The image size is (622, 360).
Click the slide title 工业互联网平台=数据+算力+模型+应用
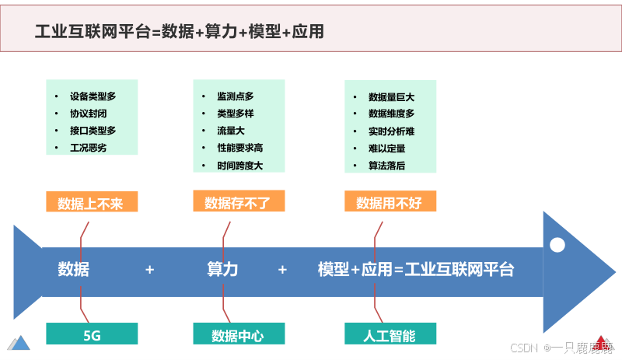180,32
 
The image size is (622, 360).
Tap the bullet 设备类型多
93,97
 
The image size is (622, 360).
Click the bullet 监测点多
235,97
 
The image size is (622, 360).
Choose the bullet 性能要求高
239,148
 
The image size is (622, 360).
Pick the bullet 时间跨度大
239,166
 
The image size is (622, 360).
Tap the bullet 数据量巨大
391,97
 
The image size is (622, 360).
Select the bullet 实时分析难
391,131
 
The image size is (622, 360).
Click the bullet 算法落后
386,166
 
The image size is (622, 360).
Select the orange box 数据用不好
389,204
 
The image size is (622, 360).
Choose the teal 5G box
92,336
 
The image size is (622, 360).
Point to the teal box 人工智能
389,336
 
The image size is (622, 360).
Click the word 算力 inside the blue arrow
222,270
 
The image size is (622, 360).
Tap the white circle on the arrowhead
557,245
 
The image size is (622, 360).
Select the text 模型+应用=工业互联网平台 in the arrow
416,270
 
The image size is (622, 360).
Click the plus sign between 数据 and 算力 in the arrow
150,270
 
